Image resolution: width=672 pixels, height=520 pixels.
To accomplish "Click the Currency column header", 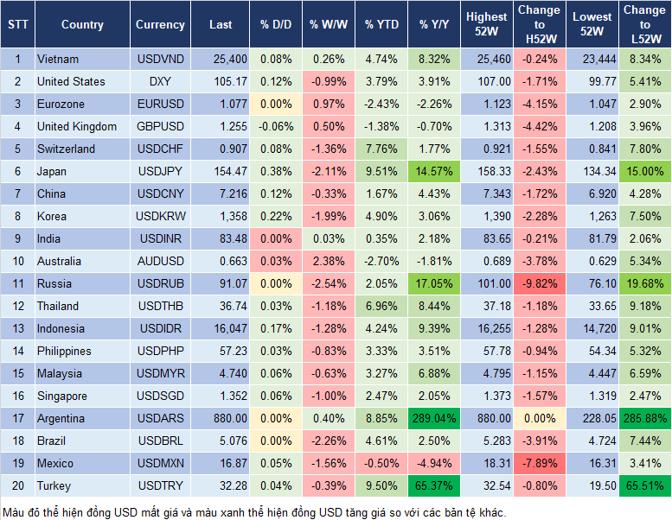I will coord(160,25).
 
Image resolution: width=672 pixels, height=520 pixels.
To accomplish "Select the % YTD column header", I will coord(381,25).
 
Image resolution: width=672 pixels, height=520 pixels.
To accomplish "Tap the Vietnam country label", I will coord(58,59).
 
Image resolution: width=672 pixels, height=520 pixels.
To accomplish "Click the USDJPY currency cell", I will coord(160,171).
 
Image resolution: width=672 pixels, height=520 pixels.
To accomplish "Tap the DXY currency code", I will coord(160,81).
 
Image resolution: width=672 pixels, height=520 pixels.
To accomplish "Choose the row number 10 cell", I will coord(16,261).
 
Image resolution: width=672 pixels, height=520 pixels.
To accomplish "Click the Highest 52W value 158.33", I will coord(487,171).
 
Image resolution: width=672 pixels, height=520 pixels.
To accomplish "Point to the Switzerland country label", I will coord(66,149).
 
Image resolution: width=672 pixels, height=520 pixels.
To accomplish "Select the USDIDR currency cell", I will coord(160,328).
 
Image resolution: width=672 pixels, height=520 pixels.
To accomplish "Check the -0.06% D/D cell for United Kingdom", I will coord(275,126).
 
